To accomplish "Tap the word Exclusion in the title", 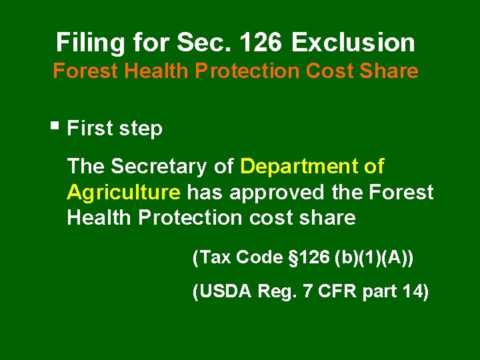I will point(353,43).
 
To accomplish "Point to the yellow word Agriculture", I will point(123,193).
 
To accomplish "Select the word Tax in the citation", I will point(213,258).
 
